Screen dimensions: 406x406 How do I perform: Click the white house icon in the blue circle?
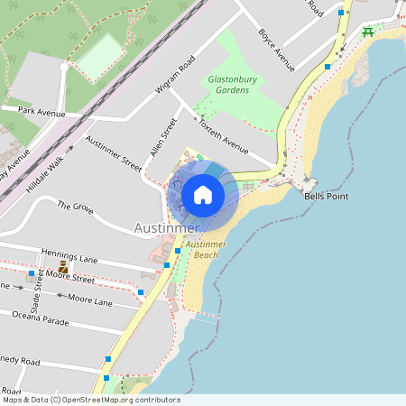(203, 195)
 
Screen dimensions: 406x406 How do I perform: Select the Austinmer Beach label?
(208, 250)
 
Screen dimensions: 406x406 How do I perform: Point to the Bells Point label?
(326, 196)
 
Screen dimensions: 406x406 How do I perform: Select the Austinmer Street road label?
(114, 153)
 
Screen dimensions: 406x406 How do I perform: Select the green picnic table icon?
(367, 32)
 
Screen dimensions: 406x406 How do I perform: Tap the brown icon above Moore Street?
(63, 268)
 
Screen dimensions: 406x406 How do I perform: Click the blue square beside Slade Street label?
(32, 273)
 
